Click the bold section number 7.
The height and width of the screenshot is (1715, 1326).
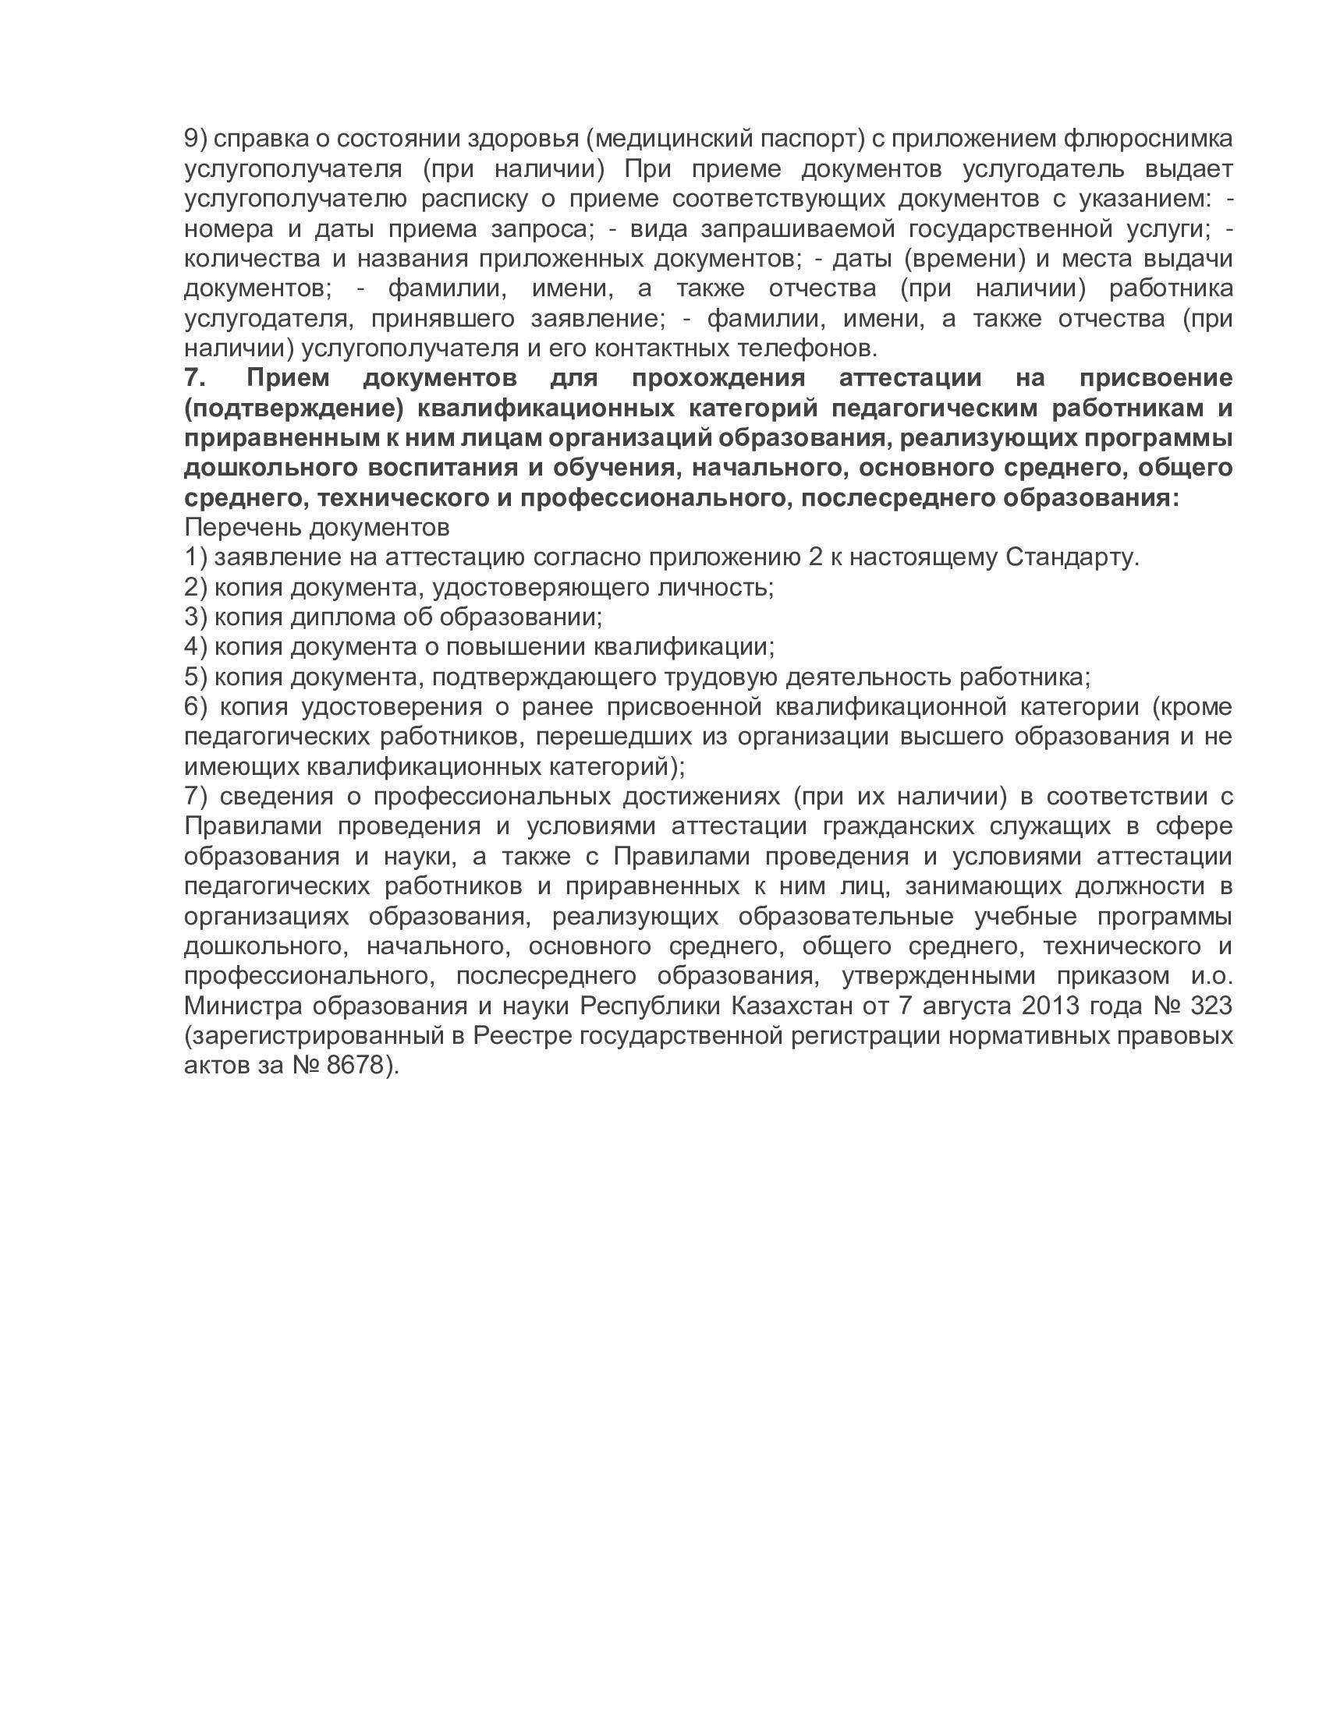coord(194,379)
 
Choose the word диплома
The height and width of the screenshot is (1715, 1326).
coord(342,617)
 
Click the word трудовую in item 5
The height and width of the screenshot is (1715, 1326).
coord(721,677)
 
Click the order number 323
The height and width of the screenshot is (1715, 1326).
coord(1211,1006)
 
